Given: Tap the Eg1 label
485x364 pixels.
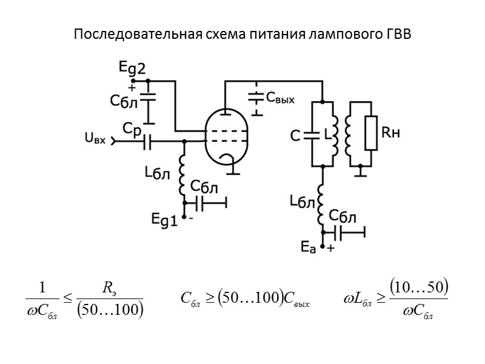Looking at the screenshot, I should (x=164, y=221).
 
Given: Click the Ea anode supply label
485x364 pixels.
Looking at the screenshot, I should (x=309, y=246).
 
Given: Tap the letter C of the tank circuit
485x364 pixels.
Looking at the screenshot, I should (x=296, y=137).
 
